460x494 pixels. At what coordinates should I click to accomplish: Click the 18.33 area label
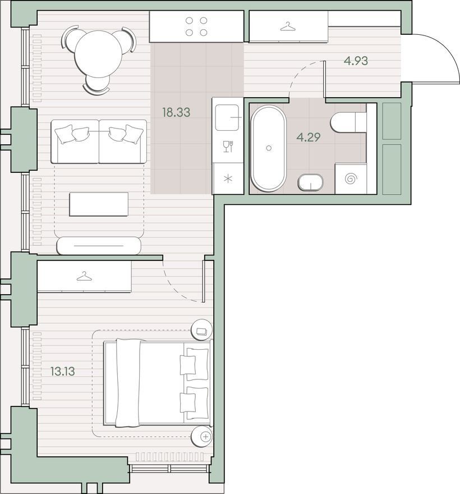[176, 112]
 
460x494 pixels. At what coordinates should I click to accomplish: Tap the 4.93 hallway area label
[356, 61]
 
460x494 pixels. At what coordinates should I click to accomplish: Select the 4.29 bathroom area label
[309, 137]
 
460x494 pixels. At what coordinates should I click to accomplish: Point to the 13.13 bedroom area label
[63, 371]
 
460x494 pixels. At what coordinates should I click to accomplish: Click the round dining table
[98, 54]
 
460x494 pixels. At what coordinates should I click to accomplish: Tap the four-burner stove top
[196, 26]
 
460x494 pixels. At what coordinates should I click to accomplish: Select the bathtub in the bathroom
[269, 148]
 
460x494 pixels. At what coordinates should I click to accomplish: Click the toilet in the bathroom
[348, 122]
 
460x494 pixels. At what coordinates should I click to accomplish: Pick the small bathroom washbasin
[310, 182]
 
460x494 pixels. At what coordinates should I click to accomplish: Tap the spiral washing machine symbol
[351, 179]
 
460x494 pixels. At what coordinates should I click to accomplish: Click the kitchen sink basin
[227, 117]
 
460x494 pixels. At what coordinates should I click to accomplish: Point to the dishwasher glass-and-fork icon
[228, 147]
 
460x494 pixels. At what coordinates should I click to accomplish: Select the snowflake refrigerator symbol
[228, 179]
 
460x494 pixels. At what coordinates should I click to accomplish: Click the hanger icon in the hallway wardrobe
[288, 27]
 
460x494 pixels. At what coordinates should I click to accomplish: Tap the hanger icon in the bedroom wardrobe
[84, 276]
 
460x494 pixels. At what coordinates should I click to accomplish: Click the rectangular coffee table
[99, 204]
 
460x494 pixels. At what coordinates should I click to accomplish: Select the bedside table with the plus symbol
[201, 436]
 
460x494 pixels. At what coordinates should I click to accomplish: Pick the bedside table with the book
[201, 330]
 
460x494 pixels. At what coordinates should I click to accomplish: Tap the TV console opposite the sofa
[99, 245]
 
